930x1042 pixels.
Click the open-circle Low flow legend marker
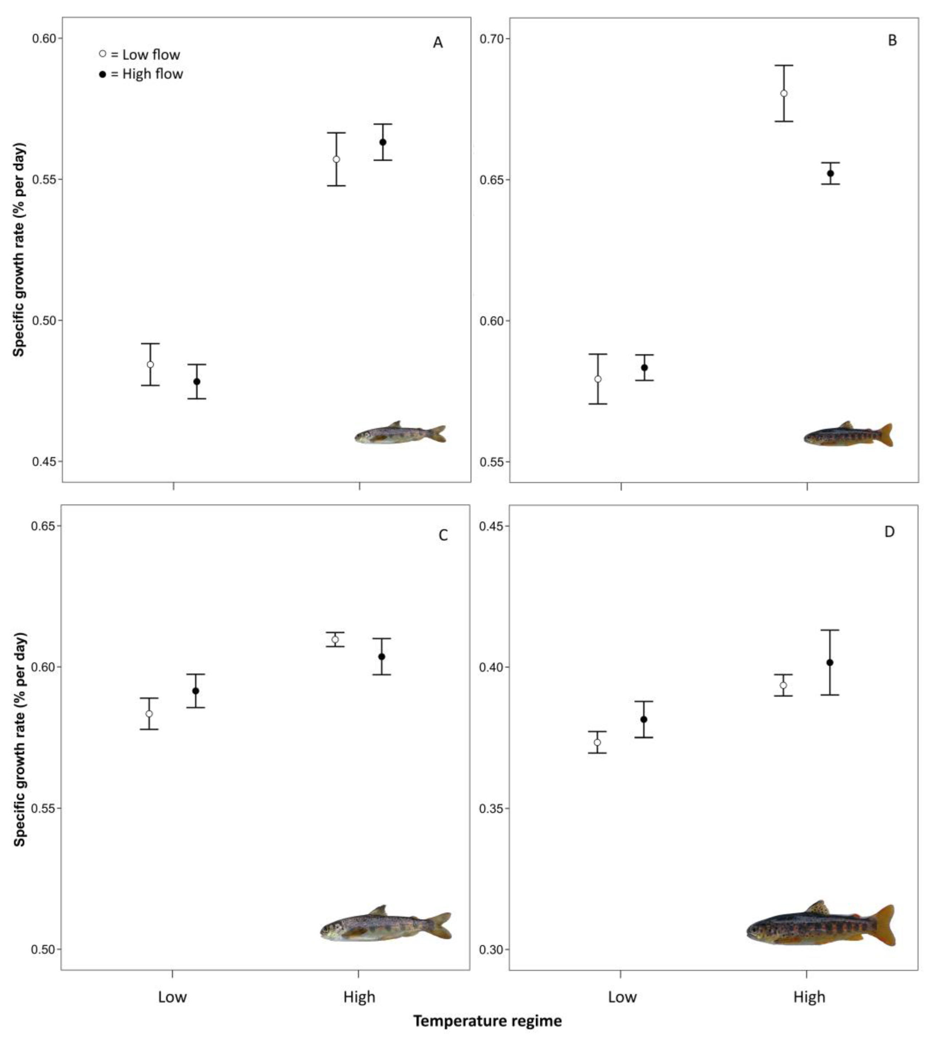[103, 54]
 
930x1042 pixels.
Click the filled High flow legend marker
[103, 74]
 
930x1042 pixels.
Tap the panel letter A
[437, 43]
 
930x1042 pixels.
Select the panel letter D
[889, 532]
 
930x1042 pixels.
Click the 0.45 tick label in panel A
[44, 461]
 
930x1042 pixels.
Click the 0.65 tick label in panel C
[44, 526]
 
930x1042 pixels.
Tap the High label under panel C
[359, 997]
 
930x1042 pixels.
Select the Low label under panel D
[622, 997]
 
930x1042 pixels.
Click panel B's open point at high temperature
[783, 94]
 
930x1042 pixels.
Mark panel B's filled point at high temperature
[830, 173]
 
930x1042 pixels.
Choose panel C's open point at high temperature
[335, 639]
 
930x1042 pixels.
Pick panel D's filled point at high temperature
[830, 662]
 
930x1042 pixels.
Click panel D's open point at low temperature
[597, 742]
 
